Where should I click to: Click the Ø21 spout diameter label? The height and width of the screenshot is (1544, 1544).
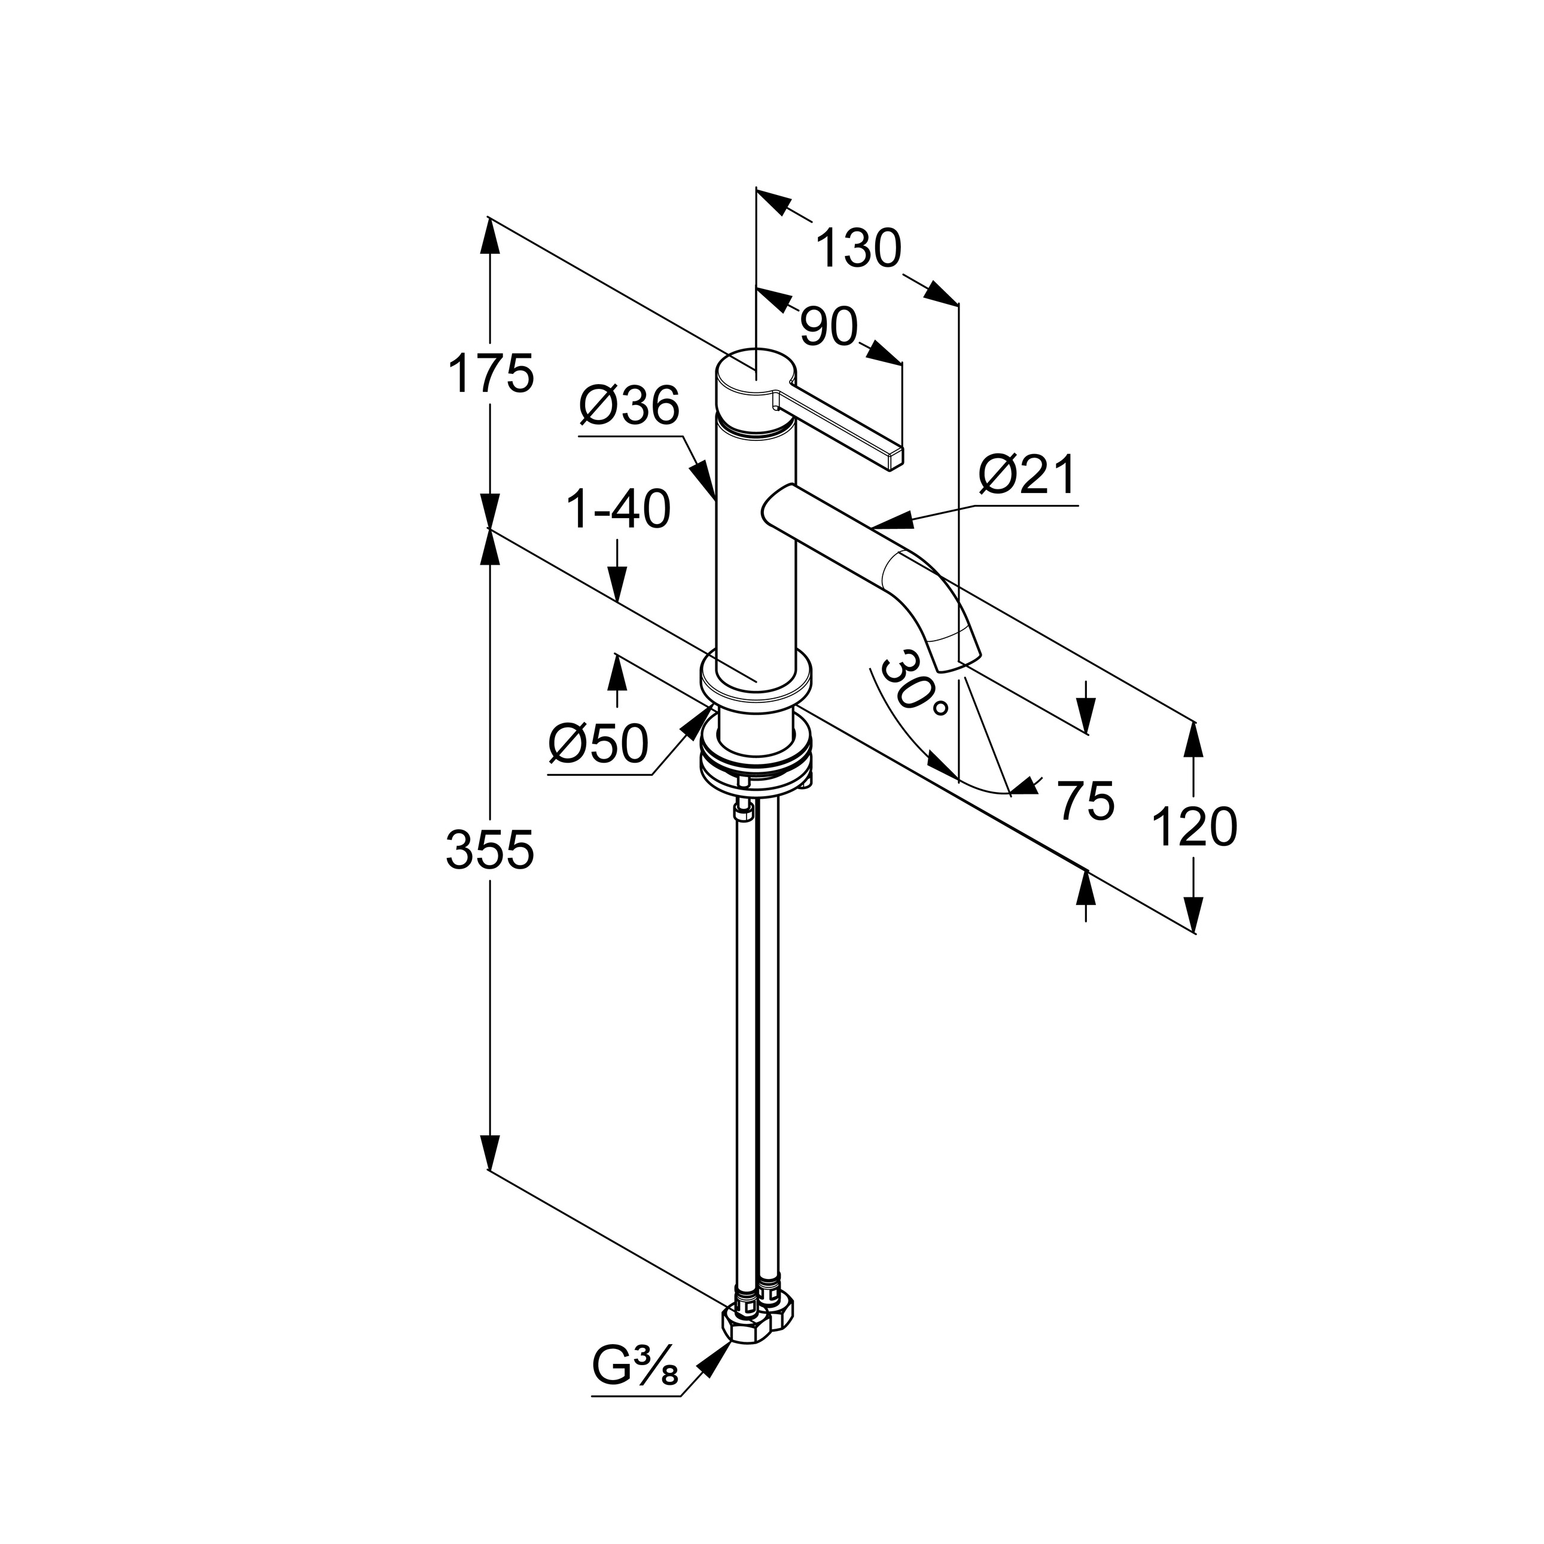coord(1028,476)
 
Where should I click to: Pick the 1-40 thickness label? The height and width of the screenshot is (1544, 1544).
coord(618,509)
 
